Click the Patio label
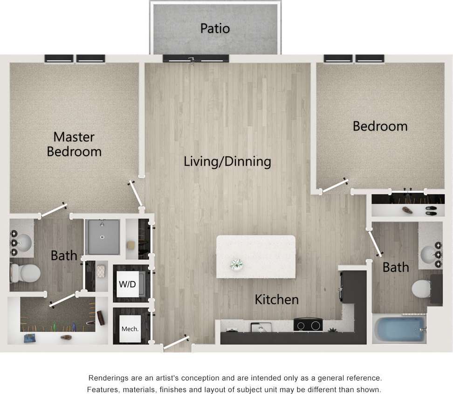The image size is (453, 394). pyautogui.click(x=215, y=28)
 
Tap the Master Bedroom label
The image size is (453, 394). pyautogui.click(x=74, y=144)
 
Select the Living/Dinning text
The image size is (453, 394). pyautogui.click(x=227, y=162)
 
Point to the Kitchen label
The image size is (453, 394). pyautogui.click(x=277, y=299)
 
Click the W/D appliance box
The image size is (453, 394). pyautogui.click(x=127, y=283)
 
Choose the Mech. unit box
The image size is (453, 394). pyautogui.click(x=130, y=329)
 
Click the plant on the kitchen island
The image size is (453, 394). pyautogui.click(x=237, y=264)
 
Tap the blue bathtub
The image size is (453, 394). pyautogui.click(x=399, y=329)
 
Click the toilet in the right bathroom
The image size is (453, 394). pyautogui.click(x=422, y=288)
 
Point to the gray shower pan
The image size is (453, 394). pyautogui.click(x=102, y=237)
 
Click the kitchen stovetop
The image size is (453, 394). pyautogui.click(x=308, y=325)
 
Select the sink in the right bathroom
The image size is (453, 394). pyautogui.click(x=429, y=255)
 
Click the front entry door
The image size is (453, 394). pyautogui.click(x=176, y=343)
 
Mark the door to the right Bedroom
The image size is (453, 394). pyautogui.click(x=335, y=186)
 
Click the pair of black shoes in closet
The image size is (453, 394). pyautogui.click(x=431, y=210)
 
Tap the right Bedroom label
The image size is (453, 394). pyautogui.click(x=380, y=126)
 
